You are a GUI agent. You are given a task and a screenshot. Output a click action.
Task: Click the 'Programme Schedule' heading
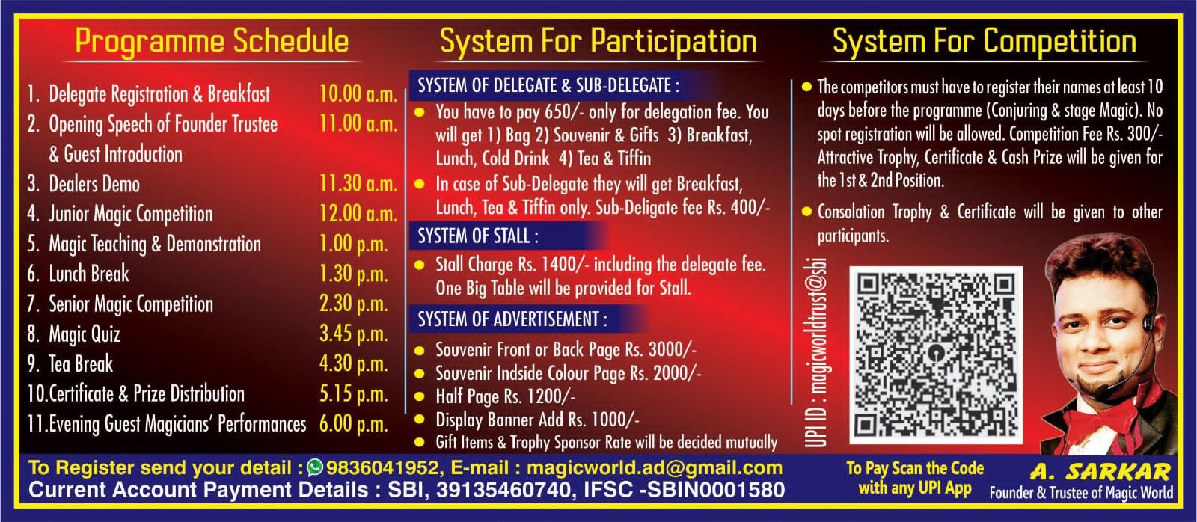tap(212, 42)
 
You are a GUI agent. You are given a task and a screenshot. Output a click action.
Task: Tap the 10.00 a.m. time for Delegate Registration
tap(358, 94)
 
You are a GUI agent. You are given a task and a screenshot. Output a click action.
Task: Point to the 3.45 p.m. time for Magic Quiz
tap(353, 334)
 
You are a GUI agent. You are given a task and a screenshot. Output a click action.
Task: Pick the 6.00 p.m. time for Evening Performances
tap(353, 424)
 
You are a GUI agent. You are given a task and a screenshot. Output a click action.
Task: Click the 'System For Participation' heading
tap(598, 42)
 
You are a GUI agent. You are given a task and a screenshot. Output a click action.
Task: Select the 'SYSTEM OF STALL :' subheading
tap(478, 236)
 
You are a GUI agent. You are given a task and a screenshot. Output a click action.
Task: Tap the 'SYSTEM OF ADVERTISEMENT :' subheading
tap(512, 319)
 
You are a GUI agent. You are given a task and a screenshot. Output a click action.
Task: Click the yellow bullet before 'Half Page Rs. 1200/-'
tap(420, 396)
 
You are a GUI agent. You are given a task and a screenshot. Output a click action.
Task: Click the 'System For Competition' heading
tap(985, 42)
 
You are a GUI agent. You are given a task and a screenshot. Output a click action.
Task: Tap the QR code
tap(936, 354)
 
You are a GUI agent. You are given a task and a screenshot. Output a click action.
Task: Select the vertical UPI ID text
tap(816, 353)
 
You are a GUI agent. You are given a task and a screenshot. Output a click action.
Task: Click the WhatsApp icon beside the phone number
tap(315, 467)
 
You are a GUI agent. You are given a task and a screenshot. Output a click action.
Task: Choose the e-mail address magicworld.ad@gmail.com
tap(655, 468)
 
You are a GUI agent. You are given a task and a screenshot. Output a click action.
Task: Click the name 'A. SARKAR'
tap(1100, 471)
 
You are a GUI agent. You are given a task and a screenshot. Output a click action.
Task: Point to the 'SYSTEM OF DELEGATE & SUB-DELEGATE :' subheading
tap(549, 85)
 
